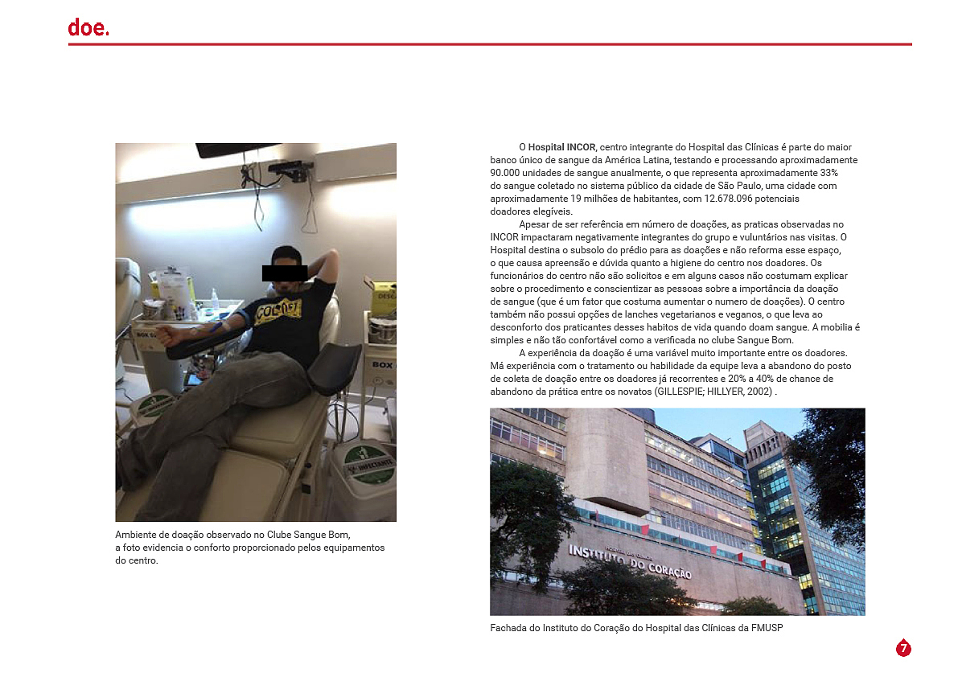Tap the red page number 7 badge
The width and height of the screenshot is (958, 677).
[x=903, y=648]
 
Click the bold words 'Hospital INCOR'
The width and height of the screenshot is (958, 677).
[x=562, y=147]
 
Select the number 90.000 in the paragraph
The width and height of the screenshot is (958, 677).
[x=508, y=173]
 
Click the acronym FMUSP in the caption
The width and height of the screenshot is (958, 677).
[x=766, y=628]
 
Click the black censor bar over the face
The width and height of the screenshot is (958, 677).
[x=285, y=273]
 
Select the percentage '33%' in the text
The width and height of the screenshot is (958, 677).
[x=828, y=173]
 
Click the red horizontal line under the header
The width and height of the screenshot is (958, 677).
[x=490, y=44]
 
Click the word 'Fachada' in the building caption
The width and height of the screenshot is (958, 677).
[x=508, y=628]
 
